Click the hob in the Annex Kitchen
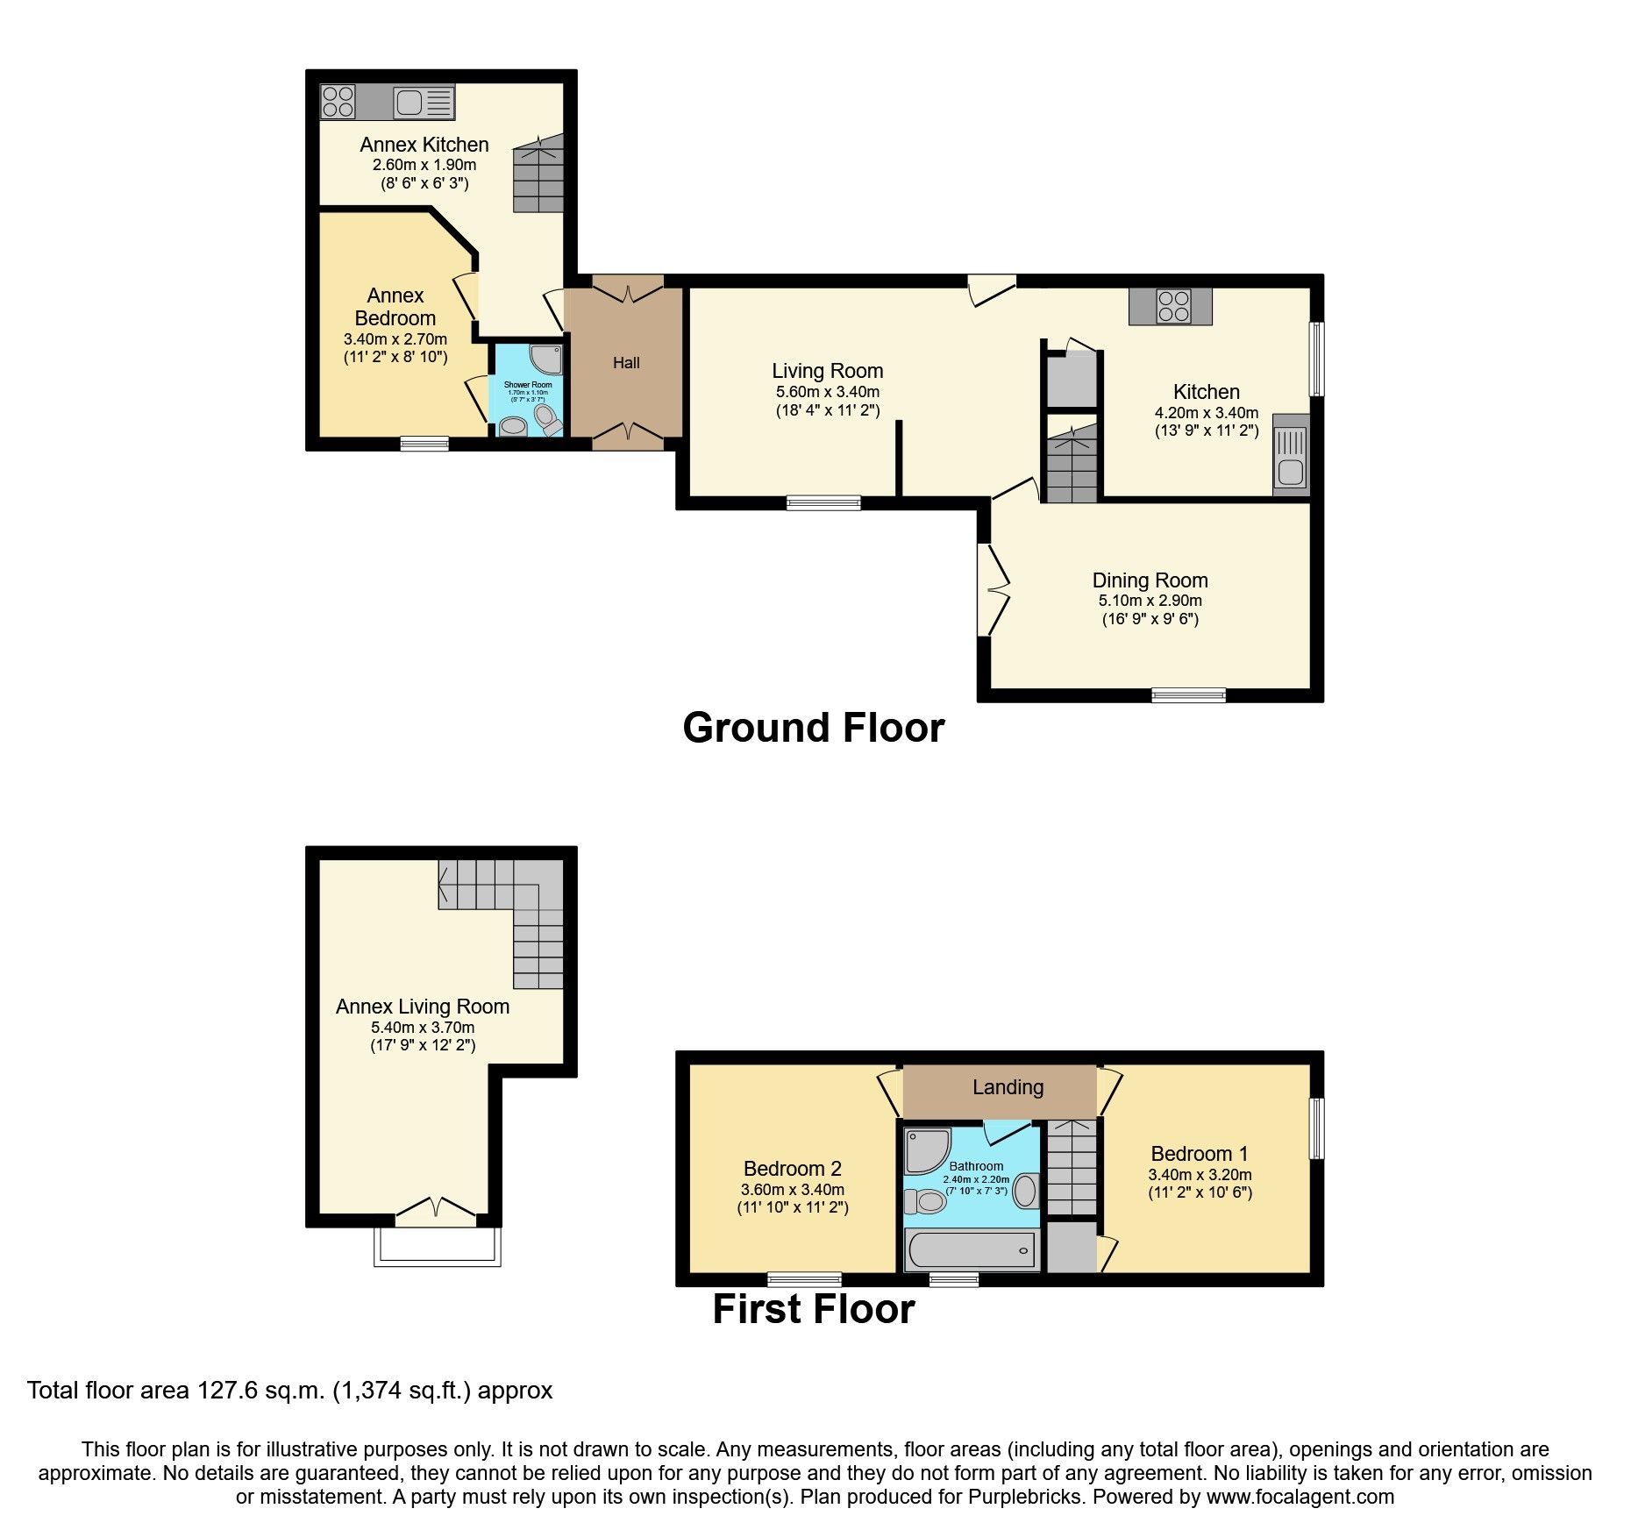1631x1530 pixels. pos(338,101)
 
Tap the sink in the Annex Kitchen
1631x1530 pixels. pos(424,103)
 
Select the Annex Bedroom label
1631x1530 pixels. pos(395,307)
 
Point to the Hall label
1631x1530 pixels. pos(626,363)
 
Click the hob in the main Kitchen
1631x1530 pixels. pos(1173,306)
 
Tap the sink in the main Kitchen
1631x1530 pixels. pos(1290,456)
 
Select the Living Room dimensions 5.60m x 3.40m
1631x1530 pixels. pos(827,392)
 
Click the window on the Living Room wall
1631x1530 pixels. pos(823,502)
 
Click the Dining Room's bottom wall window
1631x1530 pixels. pos(1188,695)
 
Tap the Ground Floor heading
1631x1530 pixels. pos(813,728)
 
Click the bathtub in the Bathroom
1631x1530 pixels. pos(972,1249)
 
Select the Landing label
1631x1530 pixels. pos(1008,1087)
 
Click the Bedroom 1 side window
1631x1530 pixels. pos(1316,1128)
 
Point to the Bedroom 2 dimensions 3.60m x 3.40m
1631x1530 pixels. pos(792,1190)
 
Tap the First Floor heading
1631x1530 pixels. pos(813,1309)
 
